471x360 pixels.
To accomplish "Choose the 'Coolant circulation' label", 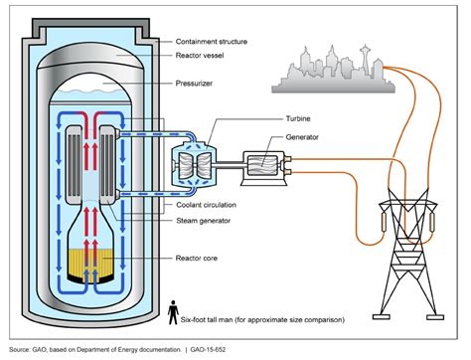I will click(x=209, y=205).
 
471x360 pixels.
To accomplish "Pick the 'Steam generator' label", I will click(x=204, y=219).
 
